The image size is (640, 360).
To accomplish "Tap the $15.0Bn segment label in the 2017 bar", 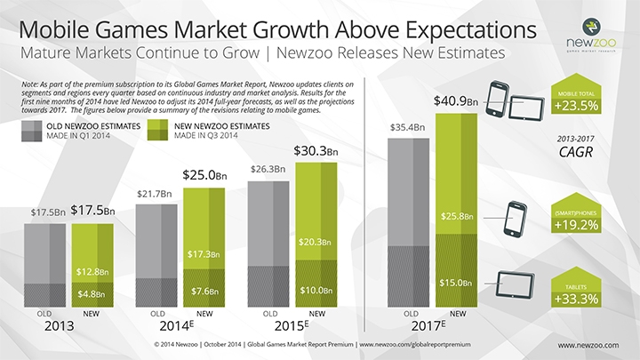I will pyautogui.click(x=454, y=284).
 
